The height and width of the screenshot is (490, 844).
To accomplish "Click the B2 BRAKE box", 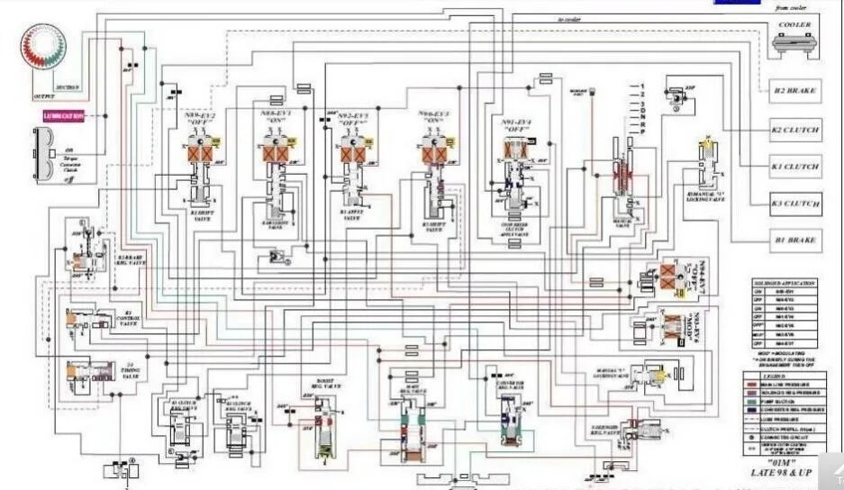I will tap(795, 91).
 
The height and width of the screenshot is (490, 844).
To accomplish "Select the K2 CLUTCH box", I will tap(795, 130).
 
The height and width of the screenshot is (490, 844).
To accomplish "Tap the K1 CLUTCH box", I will tap(795, 167).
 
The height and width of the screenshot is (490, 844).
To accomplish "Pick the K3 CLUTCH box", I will tap(795, 204).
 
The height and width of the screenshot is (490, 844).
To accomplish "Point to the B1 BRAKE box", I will tap(795, 240).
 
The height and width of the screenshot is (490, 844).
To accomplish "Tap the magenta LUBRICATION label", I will tap(64, 115).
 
